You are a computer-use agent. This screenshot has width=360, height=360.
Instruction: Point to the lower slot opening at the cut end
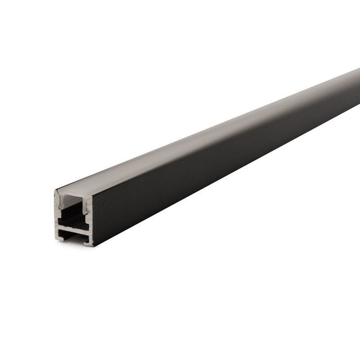72,234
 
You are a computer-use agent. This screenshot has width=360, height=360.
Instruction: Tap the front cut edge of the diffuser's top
72,193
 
